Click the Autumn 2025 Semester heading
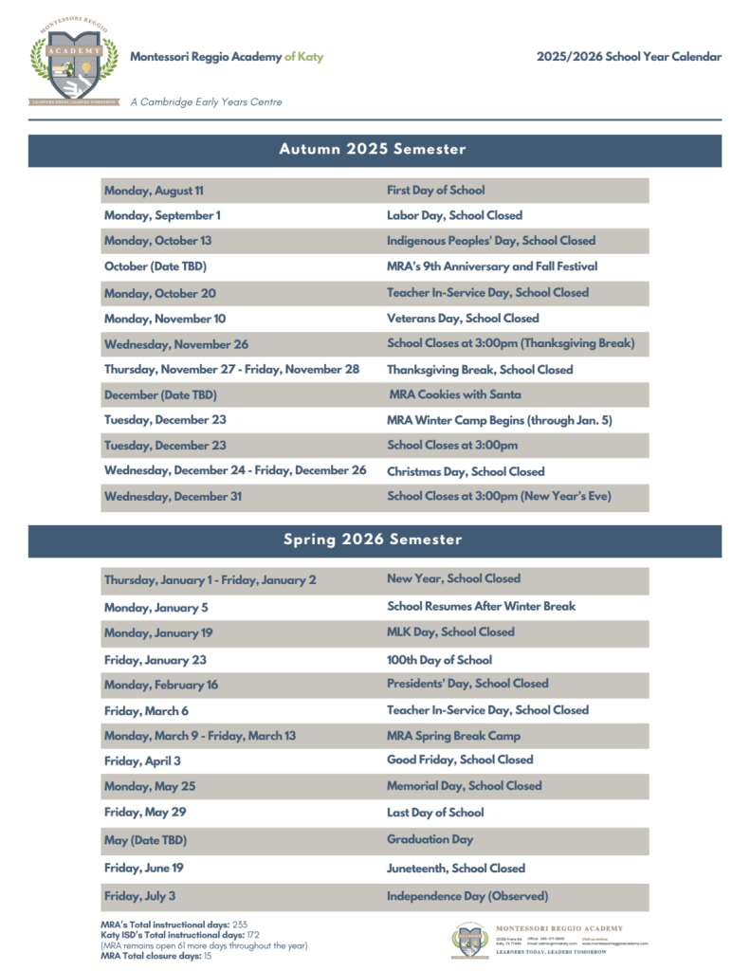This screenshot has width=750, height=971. click(373, 150)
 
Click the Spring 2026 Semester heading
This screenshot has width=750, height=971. click(373, 540)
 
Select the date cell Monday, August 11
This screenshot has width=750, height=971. click(154, 191)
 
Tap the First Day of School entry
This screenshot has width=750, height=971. click(435, 191)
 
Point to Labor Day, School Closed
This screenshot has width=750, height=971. click(454, 215)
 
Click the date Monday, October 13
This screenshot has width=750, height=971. click(157, 241)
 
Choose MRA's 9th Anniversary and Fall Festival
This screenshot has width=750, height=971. click(491, 266)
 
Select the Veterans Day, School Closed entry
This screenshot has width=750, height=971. click(463, 319)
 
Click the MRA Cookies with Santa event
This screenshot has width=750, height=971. click(454, 394)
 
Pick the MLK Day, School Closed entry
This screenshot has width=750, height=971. click(450, 632)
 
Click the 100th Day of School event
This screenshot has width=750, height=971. click(439, 659)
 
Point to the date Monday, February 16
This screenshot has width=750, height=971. click(160, 685)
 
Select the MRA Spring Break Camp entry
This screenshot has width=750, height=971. click(453, 736)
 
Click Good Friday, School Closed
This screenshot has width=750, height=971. click(460, 760)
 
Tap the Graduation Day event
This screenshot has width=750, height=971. click(430, 839)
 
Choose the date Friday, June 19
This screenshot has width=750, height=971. click(144, 868)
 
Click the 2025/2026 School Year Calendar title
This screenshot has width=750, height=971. click(628, 57)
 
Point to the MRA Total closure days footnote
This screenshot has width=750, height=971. click(155, 956)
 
